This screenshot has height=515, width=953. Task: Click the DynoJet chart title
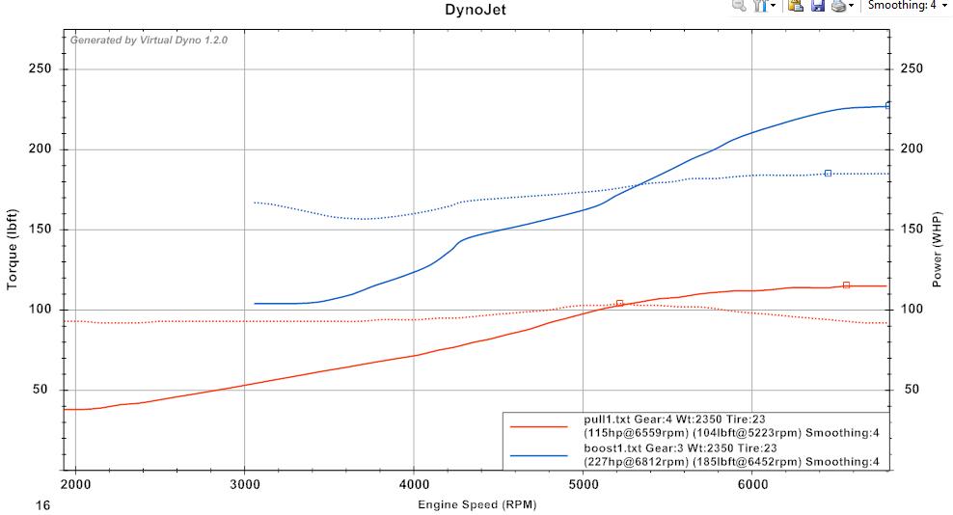[x=476, y=11]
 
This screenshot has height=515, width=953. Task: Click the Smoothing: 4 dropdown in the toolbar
[x=907, y=6]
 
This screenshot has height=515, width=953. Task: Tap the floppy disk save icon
[x=817, y=6]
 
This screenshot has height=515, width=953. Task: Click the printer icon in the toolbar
[x=838, y=6]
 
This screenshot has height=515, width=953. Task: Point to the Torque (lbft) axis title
[x=13, y=249]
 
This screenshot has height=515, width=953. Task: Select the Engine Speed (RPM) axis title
[x=476, y=504]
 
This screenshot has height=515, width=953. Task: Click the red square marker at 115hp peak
[x=846, y=285]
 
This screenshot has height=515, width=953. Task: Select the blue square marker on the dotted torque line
[x=828, y=174]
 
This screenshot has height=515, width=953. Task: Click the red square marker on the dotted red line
[x=620, y=303]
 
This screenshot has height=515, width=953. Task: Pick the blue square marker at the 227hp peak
[x=888, y=106]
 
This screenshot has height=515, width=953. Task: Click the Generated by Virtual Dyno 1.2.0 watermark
[x=149, y=41]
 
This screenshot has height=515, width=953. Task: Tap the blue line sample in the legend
[x=539, y=454]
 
